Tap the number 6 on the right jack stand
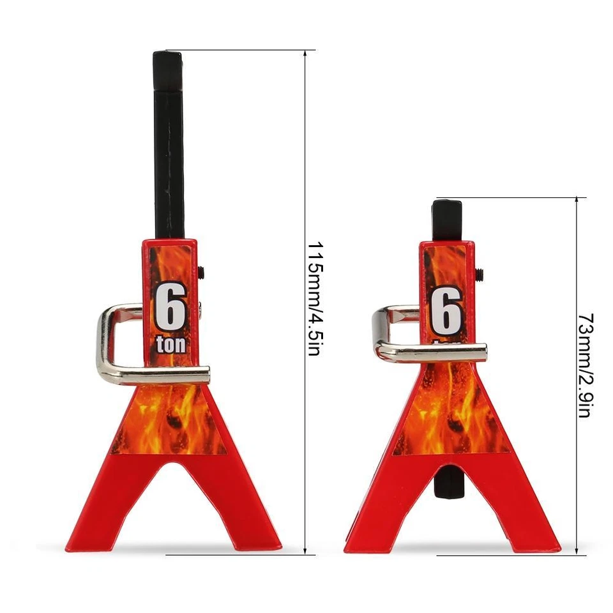pos(446,310)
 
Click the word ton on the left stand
pos(171,345)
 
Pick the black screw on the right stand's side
pos(479,274)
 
